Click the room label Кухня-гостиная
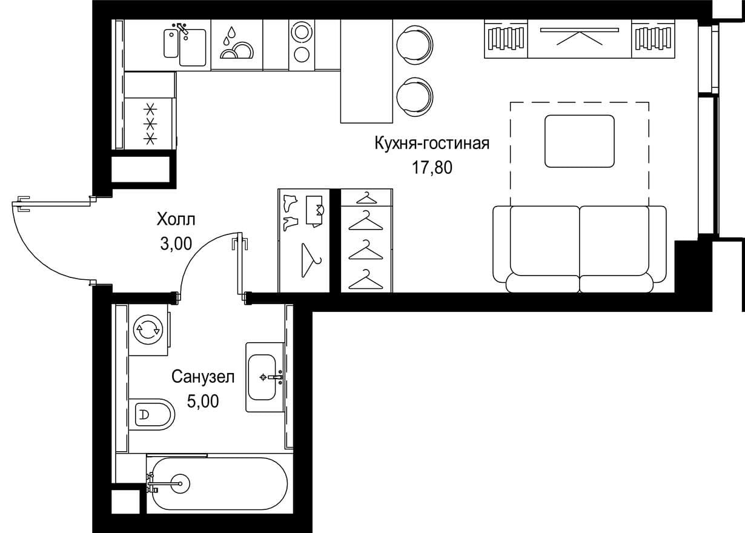tap(432, 144)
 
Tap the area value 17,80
tap(432, 167)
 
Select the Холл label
tap(176, 220)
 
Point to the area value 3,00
tap(176, 244)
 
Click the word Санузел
tap(203, 377)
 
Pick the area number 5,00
tap(203, 402)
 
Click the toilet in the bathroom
tap(151, 414)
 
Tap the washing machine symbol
tap(148, 330)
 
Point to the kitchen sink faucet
tap(182, 29)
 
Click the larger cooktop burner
tap(302, 32)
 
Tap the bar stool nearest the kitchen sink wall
tap(415, 45)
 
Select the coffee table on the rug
tap(580, 141)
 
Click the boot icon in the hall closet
tap(290, 203)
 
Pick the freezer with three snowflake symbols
tap(150, 124)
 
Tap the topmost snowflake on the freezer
tap(150, 108)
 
